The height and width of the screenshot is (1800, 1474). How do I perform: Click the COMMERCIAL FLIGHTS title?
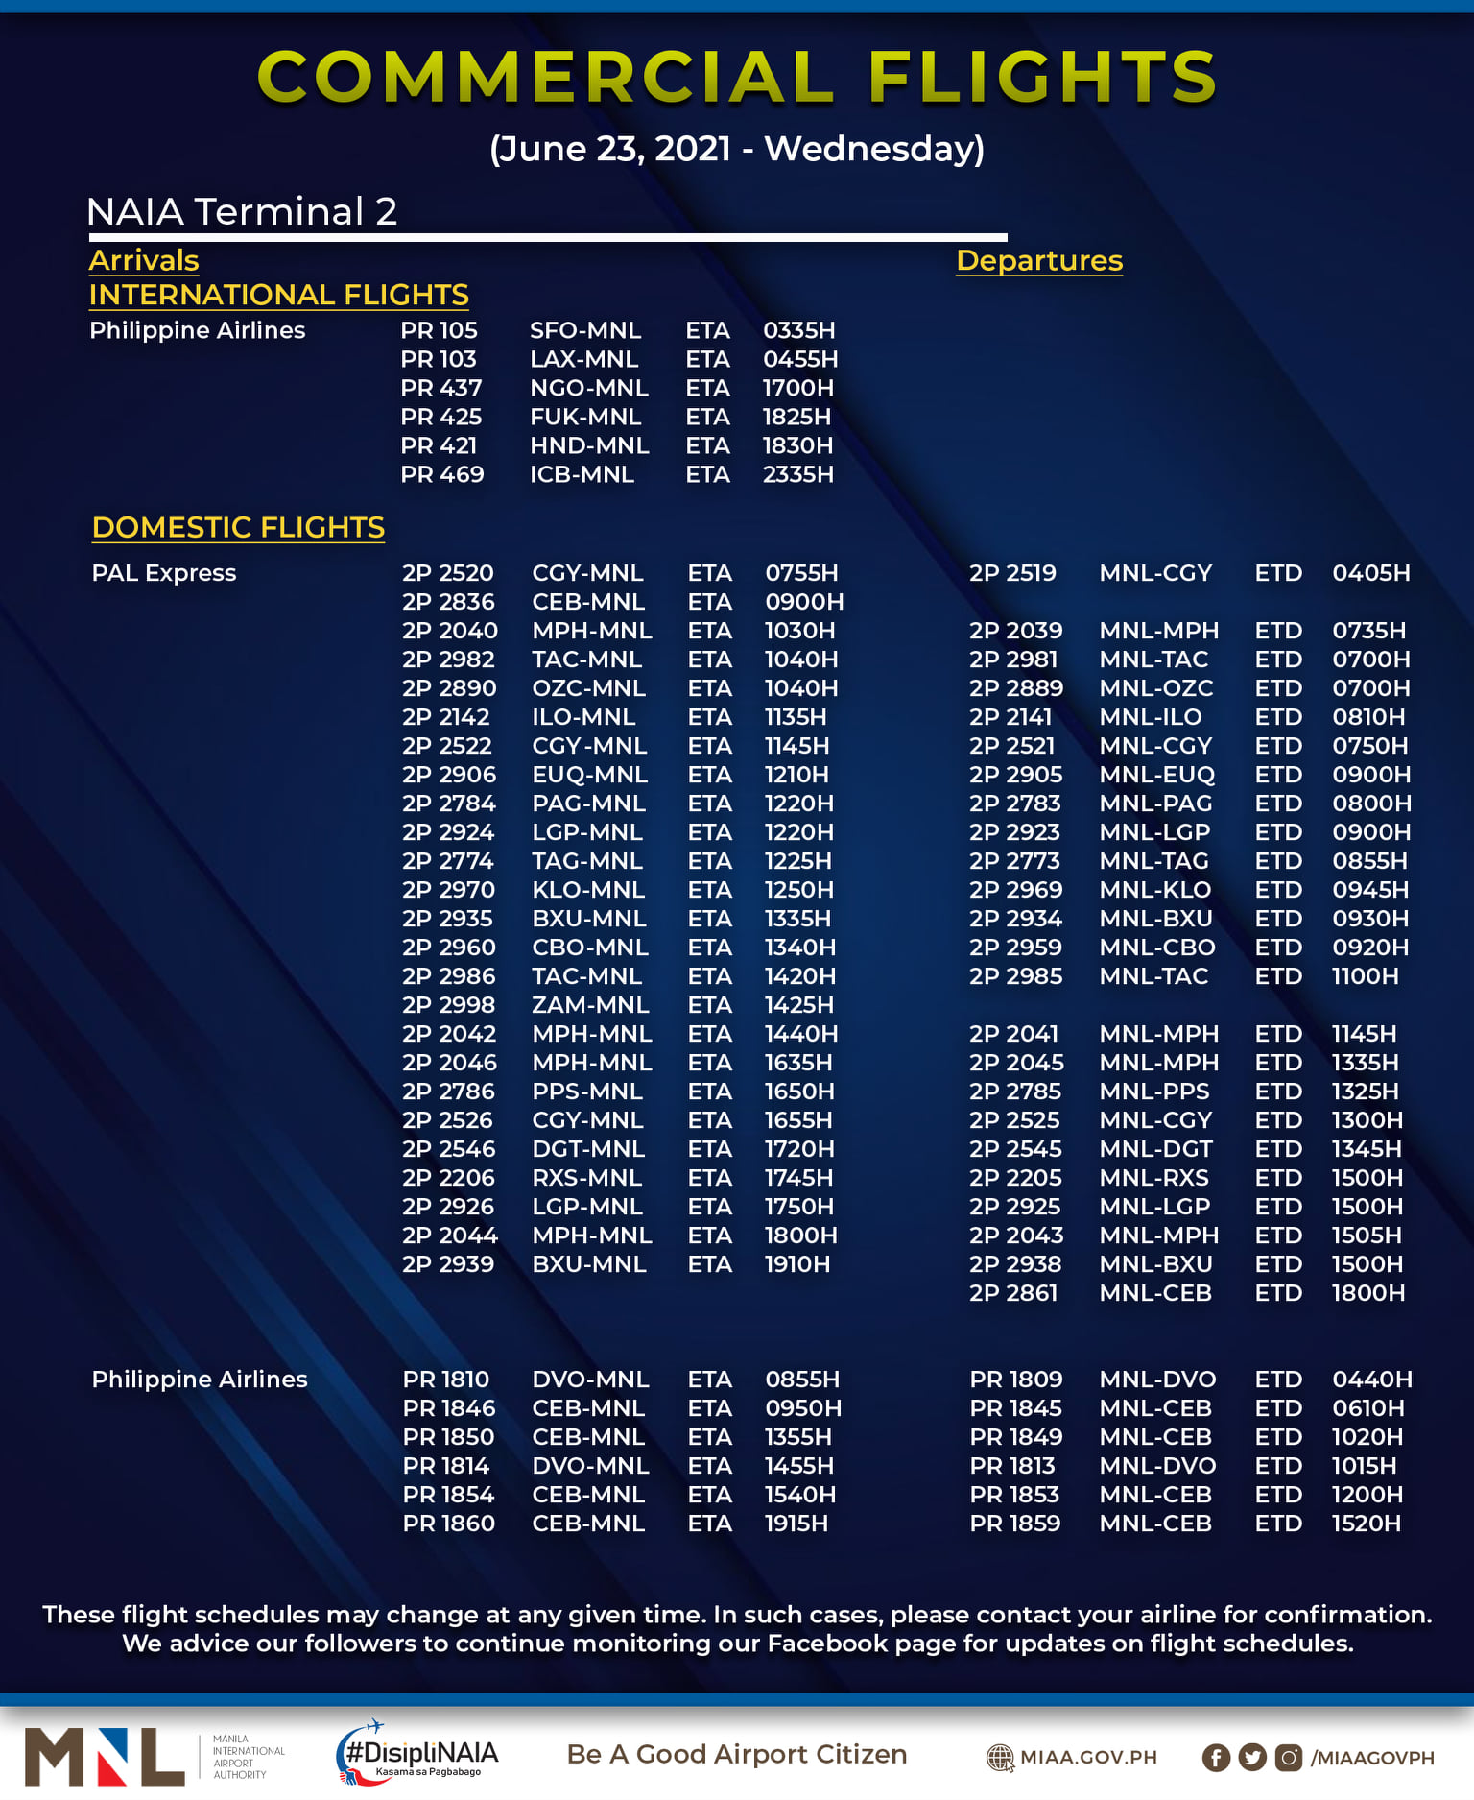pos(737,77)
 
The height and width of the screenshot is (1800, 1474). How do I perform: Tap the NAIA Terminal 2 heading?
pos(241,211)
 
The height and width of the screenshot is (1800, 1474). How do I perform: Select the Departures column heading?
pos(1039,260)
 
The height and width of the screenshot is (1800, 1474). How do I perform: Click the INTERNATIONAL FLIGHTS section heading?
pos(278,295)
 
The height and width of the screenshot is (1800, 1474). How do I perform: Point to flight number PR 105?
pos(439,330)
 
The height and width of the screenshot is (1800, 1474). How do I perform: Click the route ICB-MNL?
pos(582,474)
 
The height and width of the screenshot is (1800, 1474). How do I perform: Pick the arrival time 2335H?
pos(797,474)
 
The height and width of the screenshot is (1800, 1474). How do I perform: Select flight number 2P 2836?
pos(448,602)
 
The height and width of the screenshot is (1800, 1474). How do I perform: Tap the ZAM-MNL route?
pos(590,1005)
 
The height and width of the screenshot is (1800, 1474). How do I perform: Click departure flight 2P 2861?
pos(1012,1293)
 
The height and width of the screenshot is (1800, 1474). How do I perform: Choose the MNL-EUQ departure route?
pos(1156,775)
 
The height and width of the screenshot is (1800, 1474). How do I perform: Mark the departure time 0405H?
pos(1370,573)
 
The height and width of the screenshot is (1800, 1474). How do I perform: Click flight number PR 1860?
pos(448,1524)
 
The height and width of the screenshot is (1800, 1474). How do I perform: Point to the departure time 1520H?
pos(1366,1524)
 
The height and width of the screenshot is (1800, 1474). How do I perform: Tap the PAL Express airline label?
pos(164,573)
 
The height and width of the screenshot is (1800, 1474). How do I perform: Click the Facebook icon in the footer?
pos(1216,1758)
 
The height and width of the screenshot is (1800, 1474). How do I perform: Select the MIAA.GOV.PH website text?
pos(1088,1758)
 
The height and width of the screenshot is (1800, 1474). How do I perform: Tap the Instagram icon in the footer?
pos(1289,1758)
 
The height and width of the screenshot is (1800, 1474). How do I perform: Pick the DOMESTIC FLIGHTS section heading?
pos(238,527)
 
